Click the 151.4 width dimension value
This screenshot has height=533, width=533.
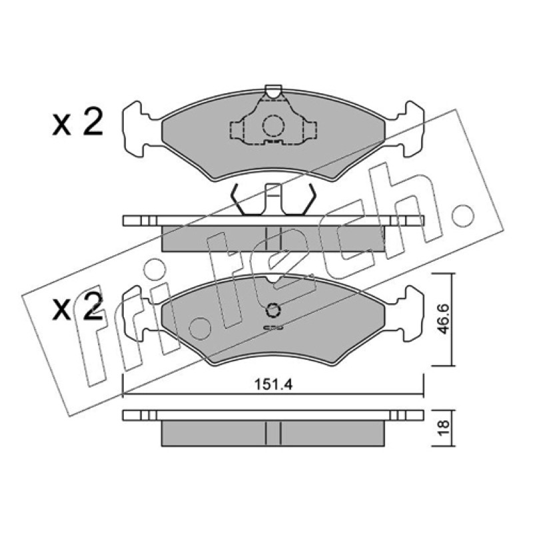(273, 385)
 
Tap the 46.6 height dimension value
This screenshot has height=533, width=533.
(442, 319)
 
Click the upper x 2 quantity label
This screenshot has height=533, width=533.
(77, 123)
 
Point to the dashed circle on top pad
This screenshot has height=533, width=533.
(273, 125)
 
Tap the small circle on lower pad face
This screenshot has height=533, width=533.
(272, 310)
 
